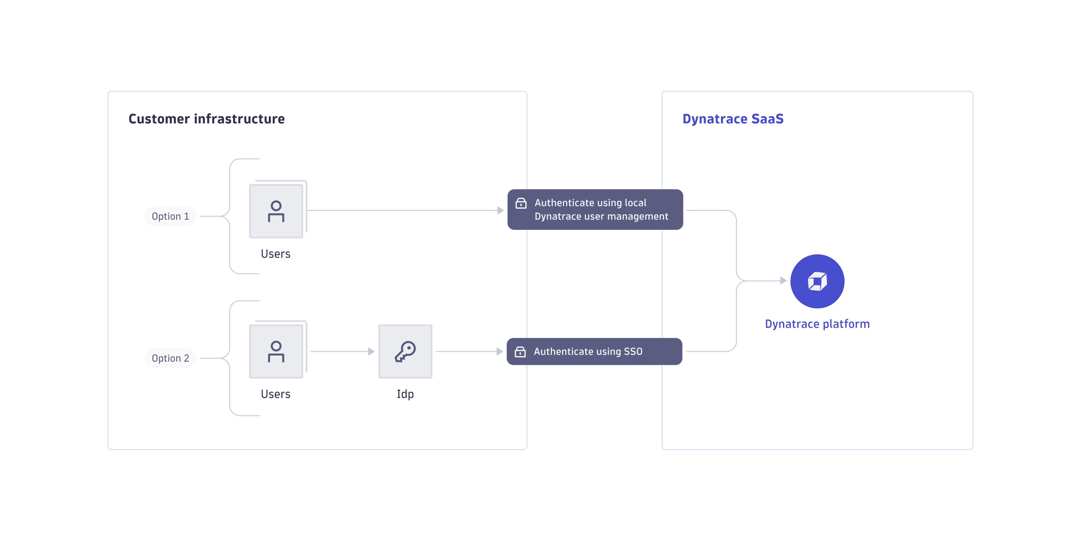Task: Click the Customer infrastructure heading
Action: click(x=206, y=119)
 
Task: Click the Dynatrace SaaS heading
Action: click(x=733, y=119)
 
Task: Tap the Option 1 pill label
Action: click(x=170, y=216)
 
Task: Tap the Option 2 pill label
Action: click(x=170, y=358)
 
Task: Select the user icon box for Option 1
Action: click(x=276, y=211)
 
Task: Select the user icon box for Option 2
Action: click(x=276, y=351)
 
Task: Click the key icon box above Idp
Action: click(x=405, y=351)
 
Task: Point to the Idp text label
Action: click(x=405, y=394)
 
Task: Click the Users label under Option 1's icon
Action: click(x=275, y=253)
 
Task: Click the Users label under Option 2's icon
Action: click(x=275, y=394)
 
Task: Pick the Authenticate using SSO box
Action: click(x=594, y=351)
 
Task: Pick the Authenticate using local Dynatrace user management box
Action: click(x=595, y=210)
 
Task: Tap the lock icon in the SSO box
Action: click(x=520, y=351)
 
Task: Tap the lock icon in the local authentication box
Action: click(x=521, y=203)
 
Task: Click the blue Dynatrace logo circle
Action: click(x=817, y=281)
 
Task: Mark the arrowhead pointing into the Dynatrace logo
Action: click(x=783, y=281)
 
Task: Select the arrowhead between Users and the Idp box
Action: click(x=371, y=351)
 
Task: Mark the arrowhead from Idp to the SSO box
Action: click(x=499, y=351)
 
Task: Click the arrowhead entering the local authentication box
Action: click(x=500, y=210)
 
